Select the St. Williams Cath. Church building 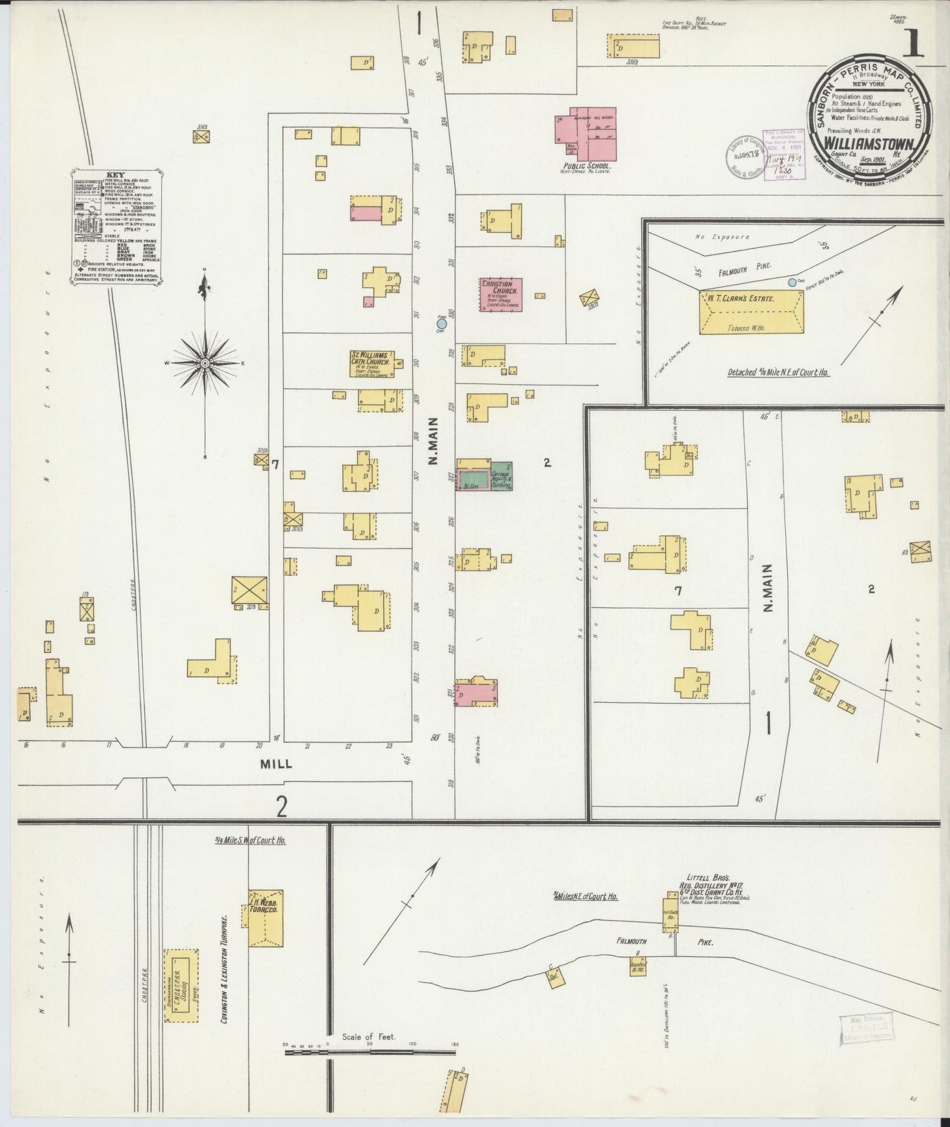coord(371,364)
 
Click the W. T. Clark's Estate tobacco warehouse coord(750,314)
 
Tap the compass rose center coord(206,363)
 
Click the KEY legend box coord(116,227)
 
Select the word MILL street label coord(275,764)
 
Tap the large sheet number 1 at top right coord(915,47)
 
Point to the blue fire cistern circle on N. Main coord(442,323)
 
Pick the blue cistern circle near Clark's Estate coord(792,282)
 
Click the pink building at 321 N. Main coord(477,693)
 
